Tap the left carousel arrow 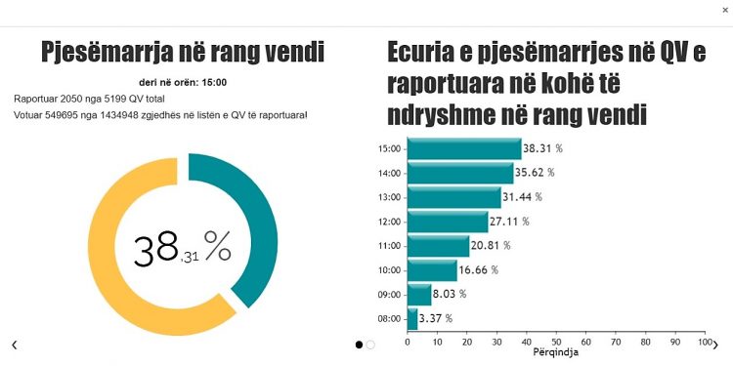[14, 345]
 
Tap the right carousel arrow [714, 345]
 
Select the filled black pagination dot [359, 345]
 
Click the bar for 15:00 [464, 149]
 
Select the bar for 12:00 [447, 222]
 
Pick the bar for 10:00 [431, 269]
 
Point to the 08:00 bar [411, 318]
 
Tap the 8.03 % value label [450, 294]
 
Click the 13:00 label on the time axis [389, 197]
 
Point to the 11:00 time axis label [389, 246]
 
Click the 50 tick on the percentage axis [555, 343]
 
